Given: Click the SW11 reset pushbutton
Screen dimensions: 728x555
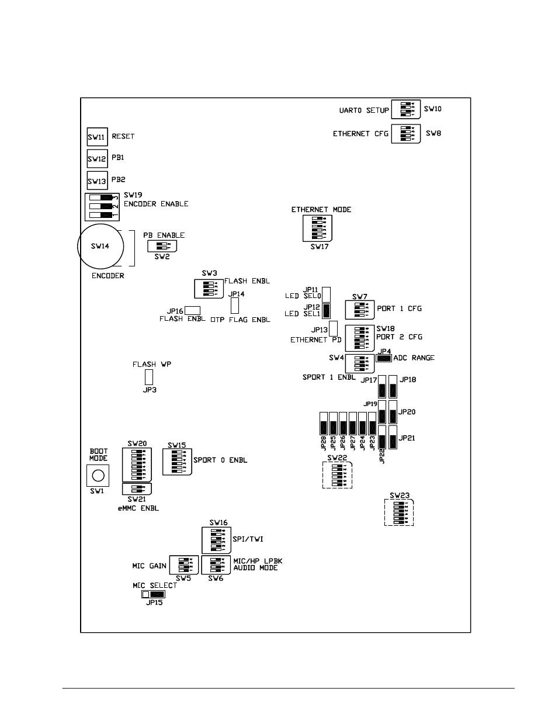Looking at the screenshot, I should (x=97, y=137).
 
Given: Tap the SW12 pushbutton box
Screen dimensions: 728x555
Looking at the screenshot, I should (x=97, y=158).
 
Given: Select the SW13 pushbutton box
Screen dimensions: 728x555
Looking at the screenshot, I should (x=97, y=180).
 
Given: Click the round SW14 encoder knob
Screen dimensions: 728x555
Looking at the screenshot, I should (x=100, y=247).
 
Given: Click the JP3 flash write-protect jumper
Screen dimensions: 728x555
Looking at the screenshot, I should (x=148, y=377).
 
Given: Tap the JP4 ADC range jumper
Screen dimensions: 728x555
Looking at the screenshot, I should (x=383, y=358).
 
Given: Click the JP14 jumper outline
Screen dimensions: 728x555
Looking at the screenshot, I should (x=235, y=306).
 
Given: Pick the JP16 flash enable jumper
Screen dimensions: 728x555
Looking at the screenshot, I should (x=193, y=310).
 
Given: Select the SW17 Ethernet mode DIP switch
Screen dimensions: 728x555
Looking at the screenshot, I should (x=318, y=228).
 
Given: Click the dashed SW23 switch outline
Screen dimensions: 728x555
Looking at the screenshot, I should (x=399, y=512).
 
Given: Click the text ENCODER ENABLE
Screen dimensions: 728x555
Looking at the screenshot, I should (x=156, y=204).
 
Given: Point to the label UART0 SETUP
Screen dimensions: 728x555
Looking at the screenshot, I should (x=364, y=110).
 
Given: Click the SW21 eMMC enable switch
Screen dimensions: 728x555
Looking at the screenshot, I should (x=137, y=488).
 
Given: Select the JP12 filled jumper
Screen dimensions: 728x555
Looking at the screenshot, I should (x=327, y=310).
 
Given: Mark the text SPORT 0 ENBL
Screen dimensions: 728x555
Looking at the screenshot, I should (x=220, y=460).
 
